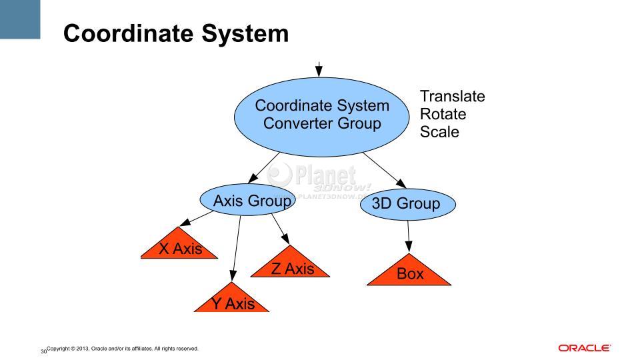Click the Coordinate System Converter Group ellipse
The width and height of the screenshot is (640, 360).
pos(321,117)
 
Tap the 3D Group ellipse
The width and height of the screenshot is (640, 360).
pos(408,204)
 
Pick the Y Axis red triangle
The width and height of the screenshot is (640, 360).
pos(231,300)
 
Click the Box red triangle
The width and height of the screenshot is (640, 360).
pos(409,273)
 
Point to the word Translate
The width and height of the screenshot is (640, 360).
pos(453,96)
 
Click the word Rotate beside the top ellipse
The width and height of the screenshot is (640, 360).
pos(443,114)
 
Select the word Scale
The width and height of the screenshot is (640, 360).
pos(439,132)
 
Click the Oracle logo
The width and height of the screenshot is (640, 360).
pos(585,348)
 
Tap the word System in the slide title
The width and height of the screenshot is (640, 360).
pos(245,33)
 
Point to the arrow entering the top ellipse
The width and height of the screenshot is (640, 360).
pos(319,69)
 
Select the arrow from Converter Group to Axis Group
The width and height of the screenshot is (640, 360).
pos(264,167)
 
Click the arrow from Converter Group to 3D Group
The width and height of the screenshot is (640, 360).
pos(385,171)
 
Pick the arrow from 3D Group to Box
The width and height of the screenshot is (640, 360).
pos(408,236)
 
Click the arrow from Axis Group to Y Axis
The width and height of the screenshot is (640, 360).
pos(236,249)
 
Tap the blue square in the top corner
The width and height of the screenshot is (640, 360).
pos(20,19)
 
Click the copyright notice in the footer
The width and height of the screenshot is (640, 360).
pos(123,349)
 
